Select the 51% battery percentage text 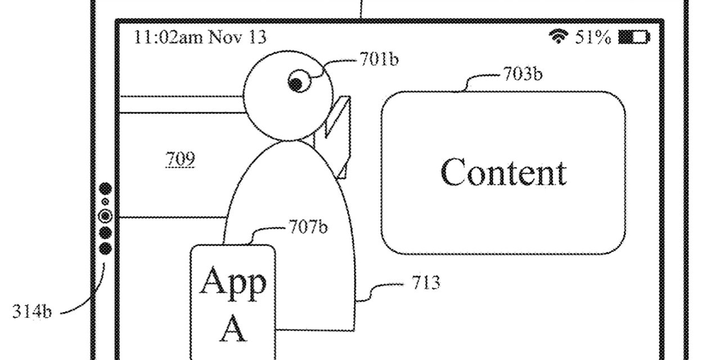click(592, 38)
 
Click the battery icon click(633, 38)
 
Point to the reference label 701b click(378, 59)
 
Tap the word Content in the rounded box click(503, 172)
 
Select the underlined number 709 click(180, 160)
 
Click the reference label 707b click(308, 228)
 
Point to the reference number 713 click(425, 282)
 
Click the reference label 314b click(32, 312)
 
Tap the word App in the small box click(232, 283)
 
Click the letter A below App click(232, 328)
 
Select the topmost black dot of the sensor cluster click(105, 189)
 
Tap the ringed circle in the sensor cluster click(105, 216)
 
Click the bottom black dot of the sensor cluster click(105, 248)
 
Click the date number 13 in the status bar click(256, 38)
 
